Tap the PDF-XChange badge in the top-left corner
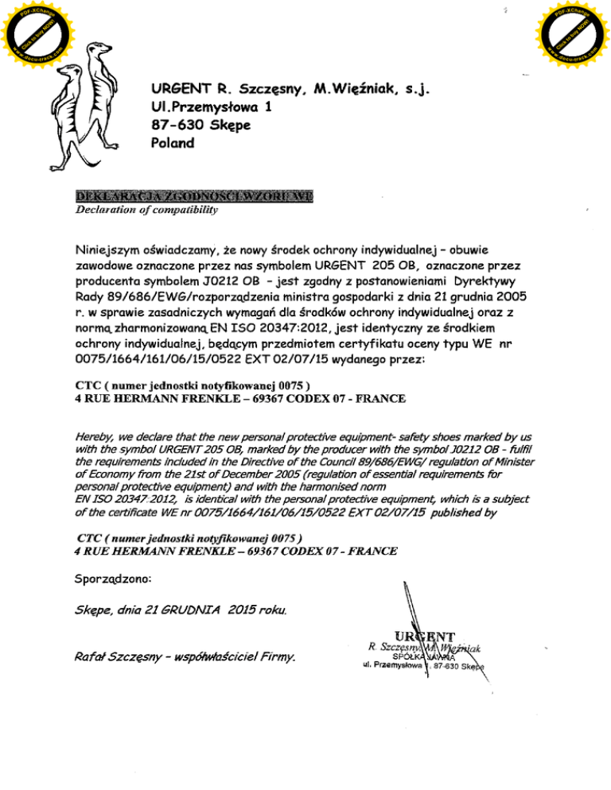click(31, 31)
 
